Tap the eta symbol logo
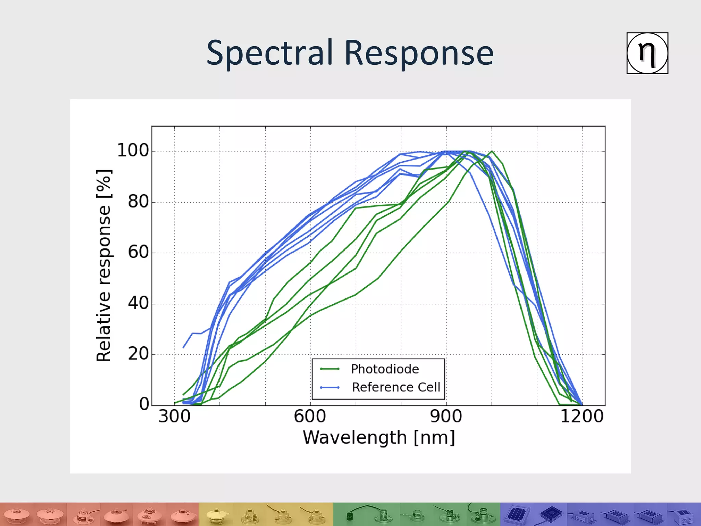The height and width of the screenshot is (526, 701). pos(647,53)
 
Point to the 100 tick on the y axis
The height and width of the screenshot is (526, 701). pos(133,150)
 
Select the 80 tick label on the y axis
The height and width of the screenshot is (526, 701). pos(138,202)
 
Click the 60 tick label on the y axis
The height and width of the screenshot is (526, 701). pos(138,252)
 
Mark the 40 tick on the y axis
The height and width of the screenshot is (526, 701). pos(138,303)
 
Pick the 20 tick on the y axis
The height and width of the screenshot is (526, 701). pos(138,354)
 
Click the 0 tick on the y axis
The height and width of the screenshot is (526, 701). pos(144,404)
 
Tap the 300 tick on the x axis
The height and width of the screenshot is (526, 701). pos(174,417)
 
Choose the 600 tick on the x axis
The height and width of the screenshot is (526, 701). pos(310,417)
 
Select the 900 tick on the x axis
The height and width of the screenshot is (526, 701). pos(446,417)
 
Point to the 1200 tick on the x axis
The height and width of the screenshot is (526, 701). pos(582,417)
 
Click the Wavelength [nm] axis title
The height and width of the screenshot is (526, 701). pos(379,438)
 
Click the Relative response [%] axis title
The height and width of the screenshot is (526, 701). pos(104,266)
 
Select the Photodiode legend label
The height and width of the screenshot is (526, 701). pos(385,369)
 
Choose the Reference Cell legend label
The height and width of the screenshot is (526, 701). pos(396,387)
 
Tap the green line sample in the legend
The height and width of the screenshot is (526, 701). pos(329,369)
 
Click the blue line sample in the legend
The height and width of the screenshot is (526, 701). pos(329,388)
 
